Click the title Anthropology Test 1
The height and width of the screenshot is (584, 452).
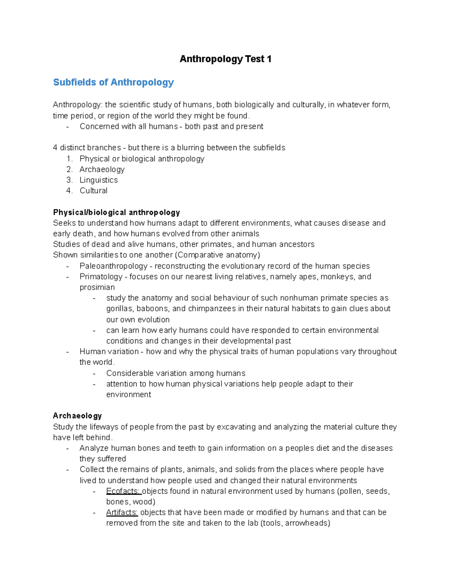[x=225, y=59]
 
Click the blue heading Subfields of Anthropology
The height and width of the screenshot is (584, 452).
[x=113, y=82]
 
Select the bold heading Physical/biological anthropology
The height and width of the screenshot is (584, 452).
[x=116, y=212]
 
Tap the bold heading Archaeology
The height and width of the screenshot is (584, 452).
[x=77, y=416]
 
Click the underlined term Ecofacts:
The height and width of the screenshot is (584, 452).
[x=123, y=491]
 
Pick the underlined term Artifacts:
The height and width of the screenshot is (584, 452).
[x=122, y=512]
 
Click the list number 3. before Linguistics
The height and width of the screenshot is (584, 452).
[x=69, y=180]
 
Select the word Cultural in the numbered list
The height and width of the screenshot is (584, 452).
[x=93, y=191]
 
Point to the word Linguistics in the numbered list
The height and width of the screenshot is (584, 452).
[x=99, y=180]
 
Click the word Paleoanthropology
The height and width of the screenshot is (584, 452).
[x=113, y=266]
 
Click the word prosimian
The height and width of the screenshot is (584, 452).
[x=97, y=287]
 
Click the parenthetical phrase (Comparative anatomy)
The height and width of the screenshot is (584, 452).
[x=217, y=255]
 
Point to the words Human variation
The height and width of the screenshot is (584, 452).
[x=109, y=352]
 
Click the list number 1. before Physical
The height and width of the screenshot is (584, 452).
[x=69, y=159]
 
